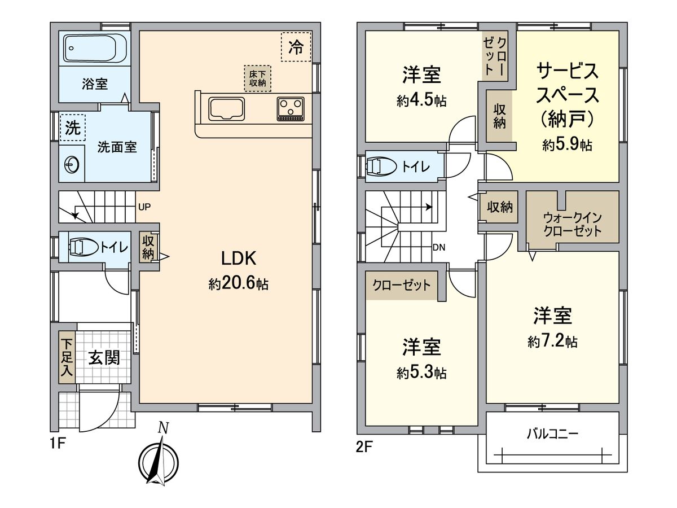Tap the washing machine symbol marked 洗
coord(72,128)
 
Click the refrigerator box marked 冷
coord(296,47)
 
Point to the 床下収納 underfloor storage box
coord(257,78)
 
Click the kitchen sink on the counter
coord(227,108)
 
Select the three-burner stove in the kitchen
coord(291,108)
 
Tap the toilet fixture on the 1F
coord(83,247)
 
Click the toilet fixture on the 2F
coord(382,167)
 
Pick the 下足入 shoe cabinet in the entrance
coord(67,358)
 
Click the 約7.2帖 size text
coord(552,341)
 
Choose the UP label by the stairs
coord(144,206)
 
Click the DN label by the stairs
coord(439,247)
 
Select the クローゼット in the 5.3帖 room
coord(402,285)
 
